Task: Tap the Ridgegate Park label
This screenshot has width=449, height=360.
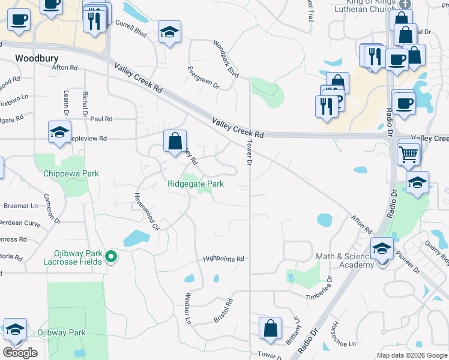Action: pyautogui.click(x=196, y=184)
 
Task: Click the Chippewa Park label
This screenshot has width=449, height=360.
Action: pyautogui.click(x=70, y=173)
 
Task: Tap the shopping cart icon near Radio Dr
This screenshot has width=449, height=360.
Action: pyautogui.click(x=409, y=154)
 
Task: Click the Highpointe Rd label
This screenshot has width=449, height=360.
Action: pyautogui.click(x=223, y=259)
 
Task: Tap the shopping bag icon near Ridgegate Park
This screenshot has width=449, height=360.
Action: pyautogui.click(x=175, y=142)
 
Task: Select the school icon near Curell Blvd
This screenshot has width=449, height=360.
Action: pyautogui.click(x=170, y=33)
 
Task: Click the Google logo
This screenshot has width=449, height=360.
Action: pyautogui.click(x=20, y=353)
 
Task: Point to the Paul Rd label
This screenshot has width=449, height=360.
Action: pyautogui.click(x=101, y=119)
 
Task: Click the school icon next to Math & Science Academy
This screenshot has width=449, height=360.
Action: pyautogui.click(x=382, y=247)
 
